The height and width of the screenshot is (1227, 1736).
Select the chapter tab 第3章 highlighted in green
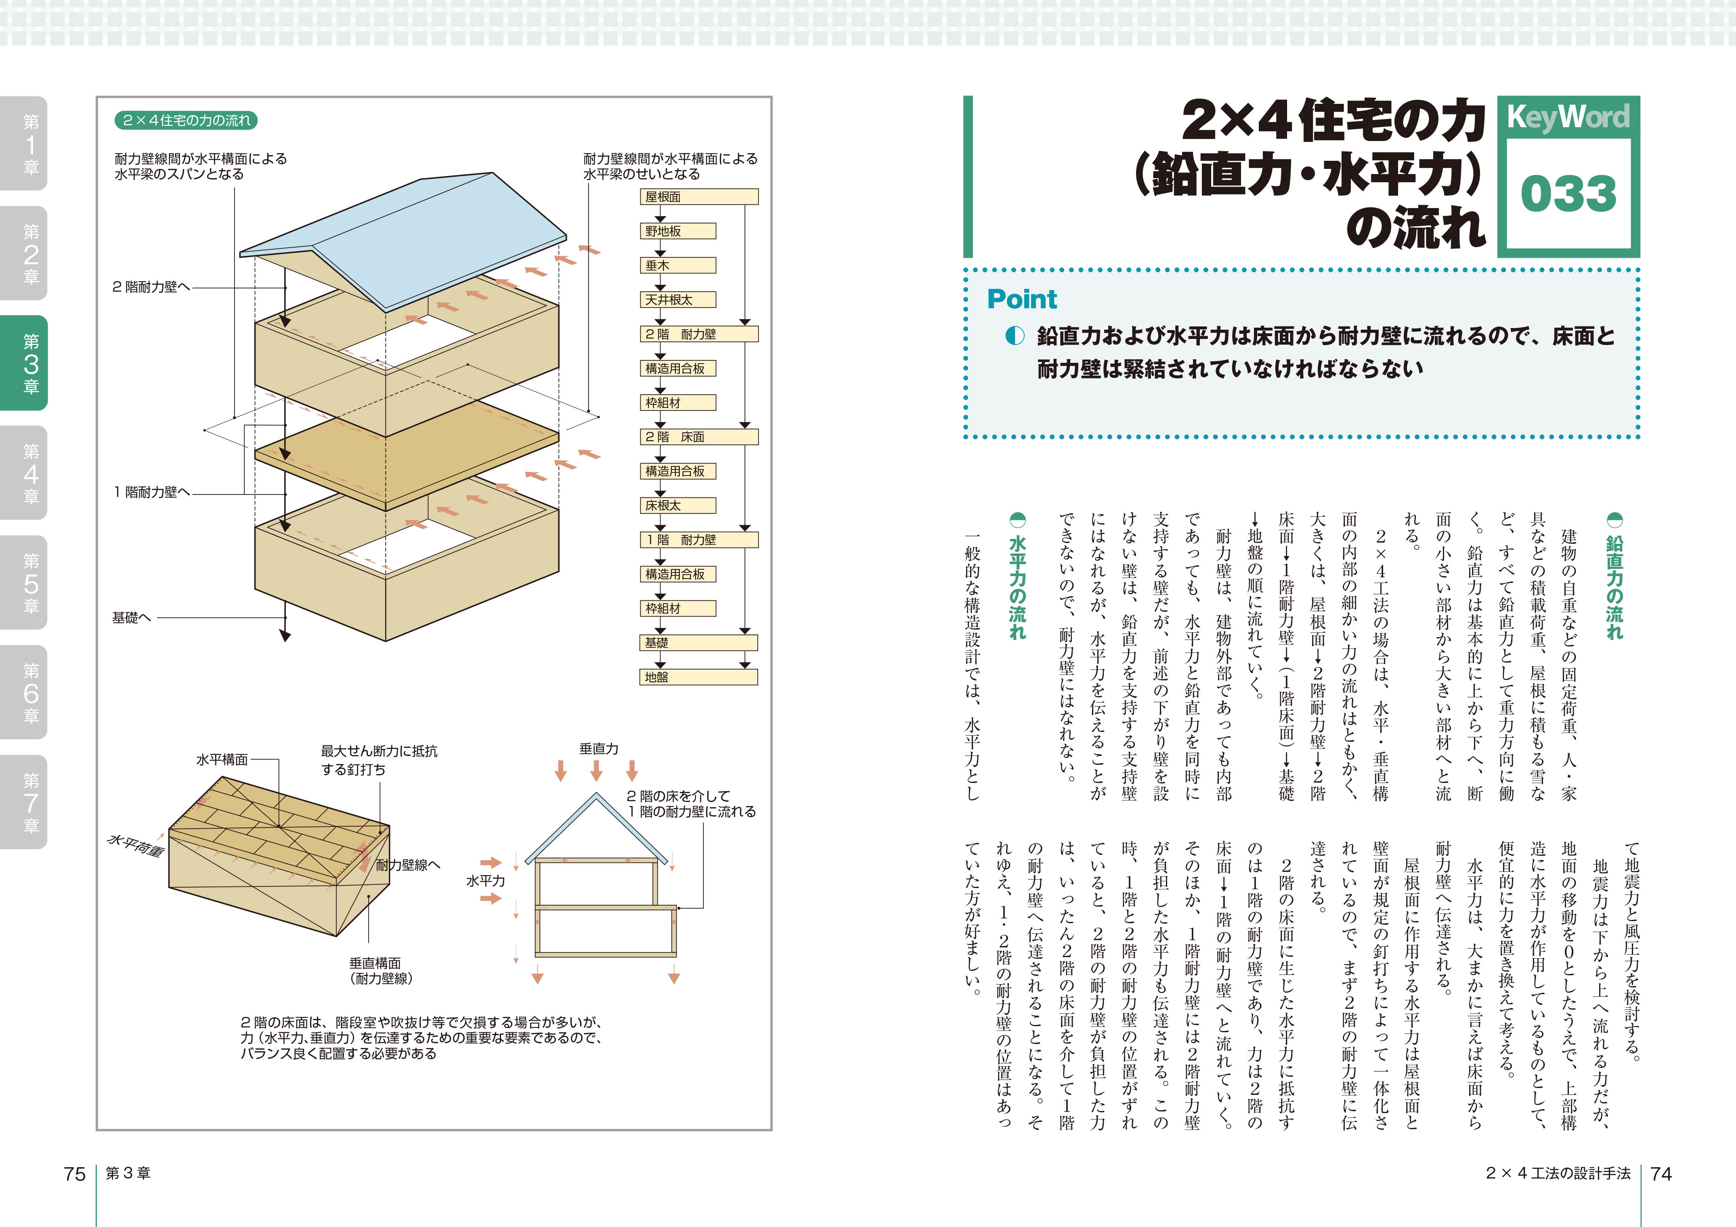click(24, 363)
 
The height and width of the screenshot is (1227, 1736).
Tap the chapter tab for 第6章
click(24, 692)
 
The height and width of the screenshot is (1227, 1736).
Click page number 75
click(75, 1173)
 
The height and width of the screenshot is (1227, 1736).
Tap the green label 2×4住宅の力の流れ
click(186, 120)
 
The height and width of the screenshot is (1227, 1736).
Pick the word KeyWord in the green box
click(1568, 117)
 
